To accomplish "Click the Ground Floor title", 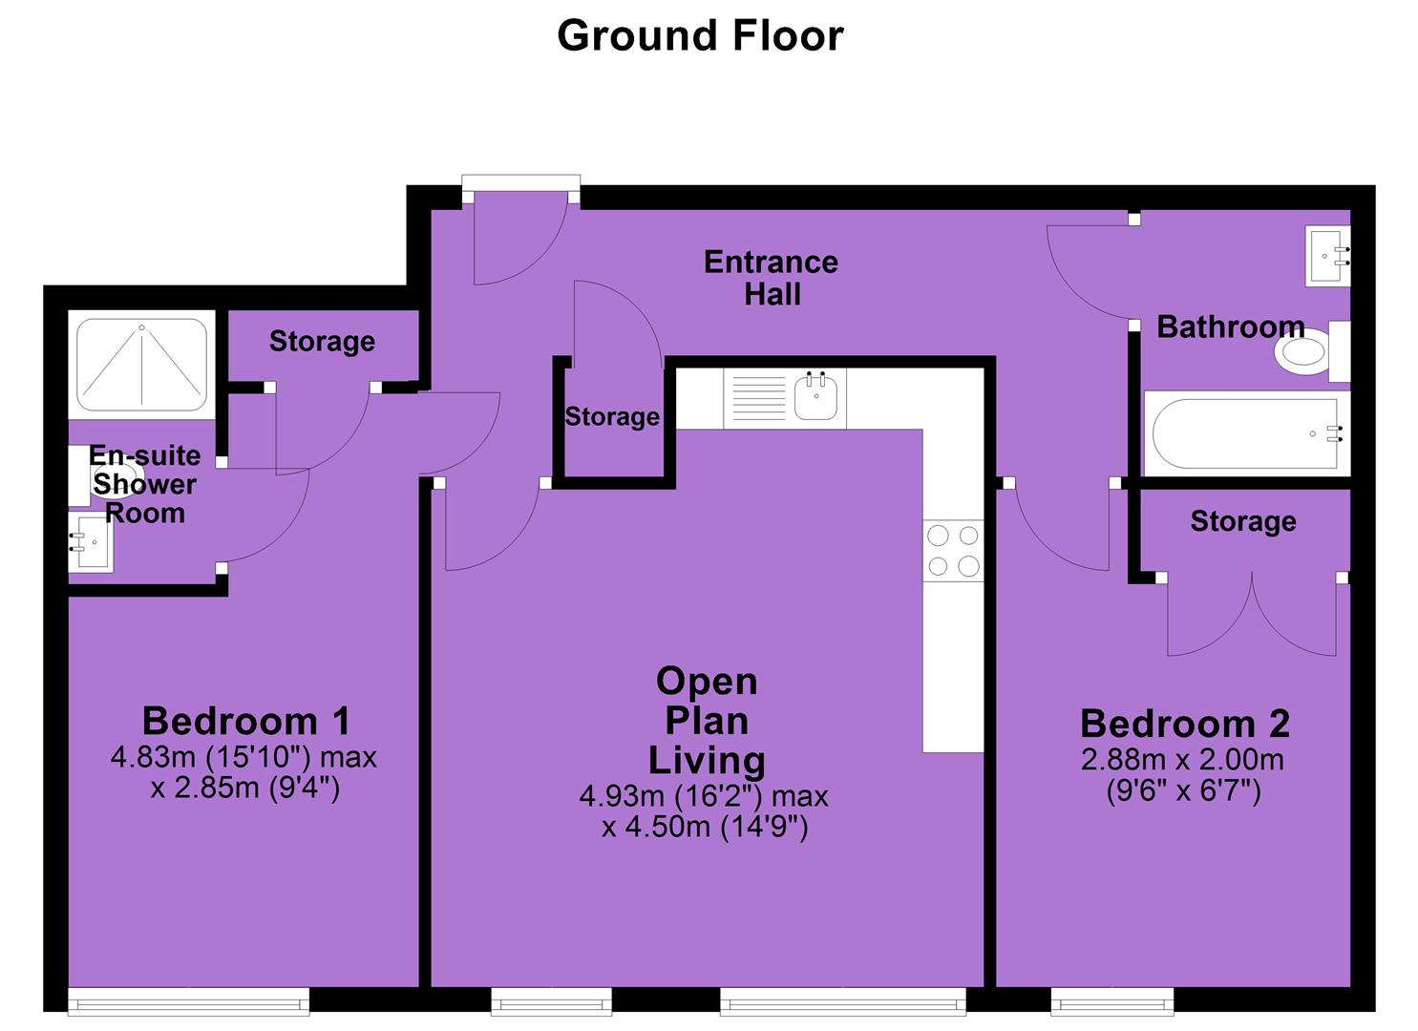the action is pos(700,35).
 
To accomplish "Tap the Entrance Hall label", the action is pos(771,279).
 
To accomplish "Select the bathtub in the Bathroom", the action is pos(1247,433).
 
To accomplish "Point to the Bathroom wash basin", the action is pos(1327,257).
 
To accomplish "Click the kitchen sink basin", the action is pos(816,397).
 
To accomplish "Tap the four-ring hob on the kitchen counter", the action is pos(953,551).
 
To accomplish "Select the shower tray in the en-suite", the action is pos(141,365).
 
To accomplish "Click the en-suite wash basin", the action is pos(91,542).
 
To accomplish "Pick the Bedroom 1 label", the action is pos(245,721).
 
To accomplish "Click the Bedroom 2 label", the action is pos(1184,724).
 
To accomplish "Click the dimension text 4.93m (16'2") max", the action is pos(704,796).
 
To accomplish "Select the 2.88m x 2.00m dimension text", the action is pos(1182,760).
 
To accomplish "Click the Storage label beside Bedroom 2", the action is pos(1243,521).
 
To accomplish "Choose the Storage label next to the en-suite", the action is pos(322,342).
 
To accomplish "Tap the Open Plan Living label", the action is pos(707,721).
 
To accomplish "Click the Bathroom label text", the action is pos(1231,327).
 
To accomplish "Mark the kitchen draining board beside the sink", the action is pos(758,397).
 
